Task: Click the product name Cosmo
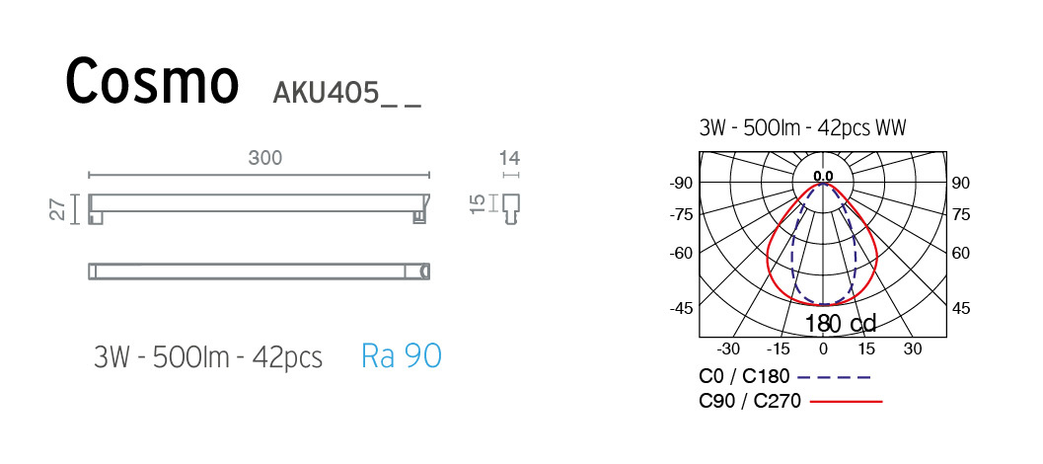pyautogui.click(x=152, y=82)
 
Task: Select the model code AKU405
pyautogui.click(x=326, y=94)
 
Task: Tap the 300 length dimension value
pyautogui.click(x=265, y=158)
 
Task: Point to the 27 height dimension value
pyautogui.click(x=58, y=207)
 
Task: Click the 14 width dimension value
pyautogui.click(x=511, y=158)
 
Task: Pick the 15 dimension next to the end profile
pyautogui.click(x=478, y=203)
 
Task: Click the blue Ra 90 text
pyautogui.click(x=401, y=356)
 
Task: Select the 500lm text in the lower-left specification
pyautogui.click(x=192, y=357)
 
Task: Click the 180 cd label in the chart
pyautogui.click(x=840, y=324)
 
